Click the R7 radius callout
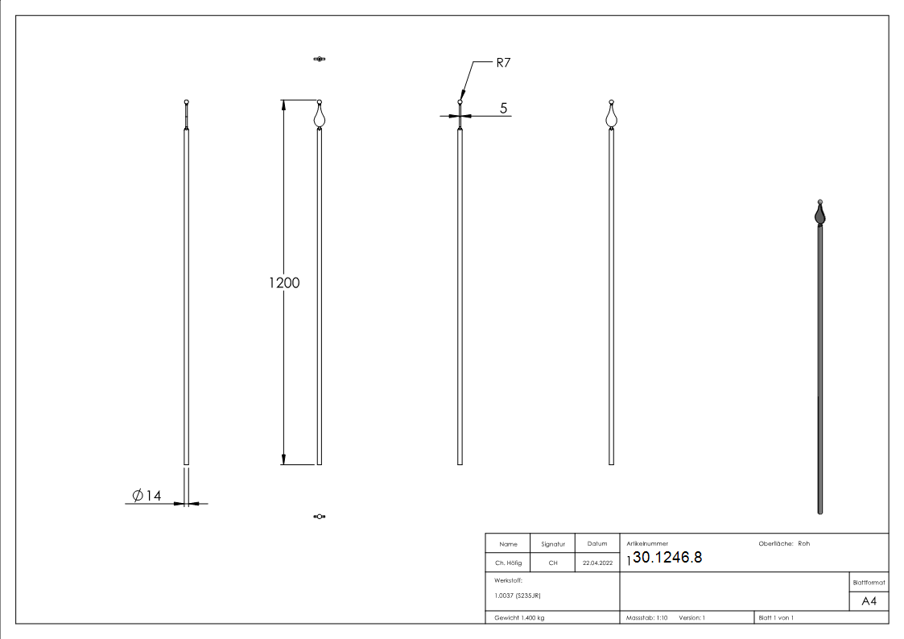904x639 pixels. coord(503,63)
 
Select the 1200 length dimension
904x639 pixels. coord(284,282)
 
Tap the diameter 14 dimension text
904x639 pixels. coord(147,496)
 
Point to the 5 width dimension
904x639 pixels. coord(504,108)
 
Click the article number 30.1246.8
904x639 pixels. coord(667,557)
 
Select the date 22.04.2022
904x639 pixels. coord(597,563)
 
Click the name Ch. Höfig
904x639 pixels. coord(508,563)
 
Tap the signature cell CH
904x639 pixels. coord(553,563)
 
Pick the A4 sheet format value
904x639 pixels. coord(869,601)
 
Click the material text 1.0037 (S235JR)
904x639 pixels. coord(518,596)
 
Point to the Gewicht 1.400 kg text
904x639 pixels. coord(519,617)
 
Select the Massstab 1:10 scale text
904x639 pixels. coord(647,617)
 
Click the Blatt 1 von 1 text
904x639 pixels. coord(776,617)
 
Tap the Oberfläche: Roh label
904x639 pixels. coord(784,543)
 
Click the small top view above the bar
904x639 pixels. coord(320,60)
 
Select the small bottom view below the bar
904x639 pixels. coord(320,516)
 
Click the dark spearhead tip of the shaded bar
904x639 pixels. coord(819,213)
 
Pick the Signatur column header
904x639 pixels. coord(553,544)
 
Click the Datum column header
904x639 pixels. coord(597,544)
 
